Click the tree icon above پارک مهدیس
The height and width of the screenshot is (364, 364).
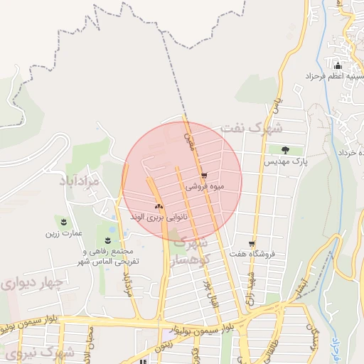tap(285, 150)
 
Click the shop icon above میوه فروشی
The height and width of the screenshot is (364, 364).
tap(204, 176)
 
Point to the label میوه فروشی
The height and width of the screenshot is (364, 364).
tap(205, 186)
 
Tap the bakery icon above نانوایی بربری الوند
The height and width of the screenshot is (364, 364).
tap(158, 206)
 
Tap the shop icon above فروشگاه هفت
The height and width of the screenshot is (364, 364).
tap(251, 243)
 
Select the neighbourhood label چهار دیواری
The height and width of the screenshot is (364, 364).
tap(32, 284)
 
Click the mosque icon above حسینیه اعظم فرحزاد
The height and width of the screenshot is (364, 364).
tap(338, 68)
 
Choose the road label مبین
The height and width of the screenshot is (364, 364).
tap(188, 134)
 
